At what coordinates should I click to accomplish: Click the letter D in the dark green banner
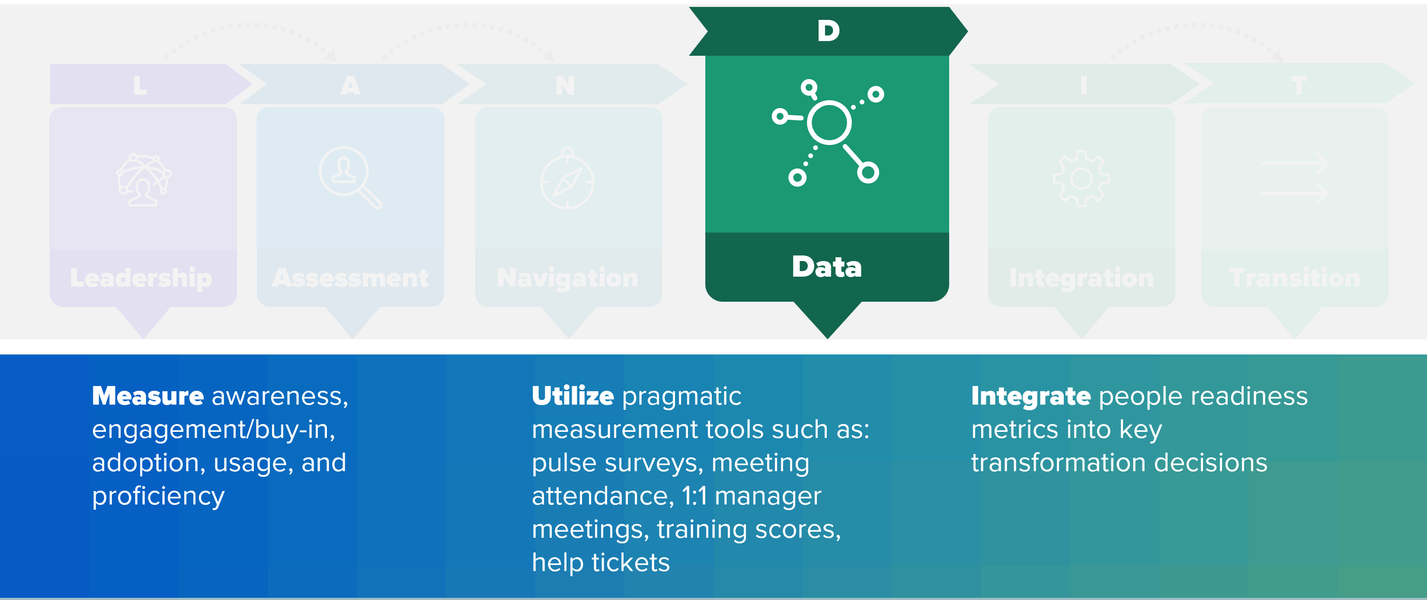[x=828, y=31]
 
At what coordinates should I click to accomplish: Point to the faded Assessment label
[x=350, y=278]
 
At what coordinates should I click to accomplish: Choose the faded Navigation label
[x=567, y=278]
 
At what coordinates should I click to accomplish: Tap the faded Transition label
[x=1294, y=278]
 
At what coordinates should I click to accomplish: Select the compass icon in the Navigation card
[x=567, y=179]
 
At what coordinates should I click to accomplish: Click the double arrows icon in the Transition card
[x=1294, y=179]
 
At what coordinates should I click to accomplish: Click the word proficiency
[x=158, y=496]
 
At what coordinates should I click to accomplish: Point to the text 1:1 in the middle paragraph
[x=694, y=496]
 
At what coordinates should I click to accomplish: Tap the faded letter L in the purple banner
[x=140, y=86]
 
